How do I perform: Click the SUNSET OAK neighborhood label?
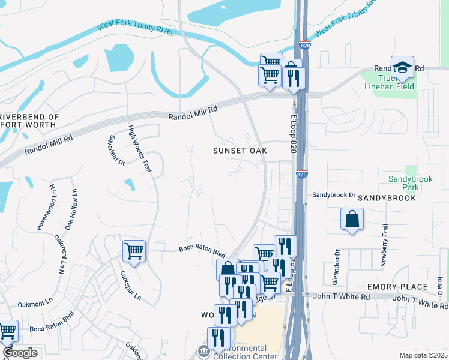(240, 151)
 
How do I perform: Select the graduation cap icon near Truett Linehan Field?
(402, 67)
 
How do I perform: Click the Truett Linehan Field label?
(388, 82)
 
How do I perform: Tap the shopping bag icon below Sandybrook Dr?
(352, 220)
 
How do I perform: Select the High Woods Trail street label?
(139, 149)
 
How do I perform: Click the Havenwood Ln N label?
(46, 207)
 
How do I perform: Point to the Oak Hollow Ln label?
(71, 209)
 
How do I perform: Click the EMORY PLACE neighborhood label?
(397, 287)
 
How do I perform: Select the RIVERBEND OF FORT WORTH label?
(29, 121)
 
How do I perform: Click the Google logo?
(20, 353)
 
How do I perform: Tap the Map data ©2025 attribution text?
(423, 355)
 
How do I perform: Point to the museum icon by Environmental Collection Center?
(203, 351)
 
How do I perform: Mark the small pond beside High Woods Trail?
(129, 184)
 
